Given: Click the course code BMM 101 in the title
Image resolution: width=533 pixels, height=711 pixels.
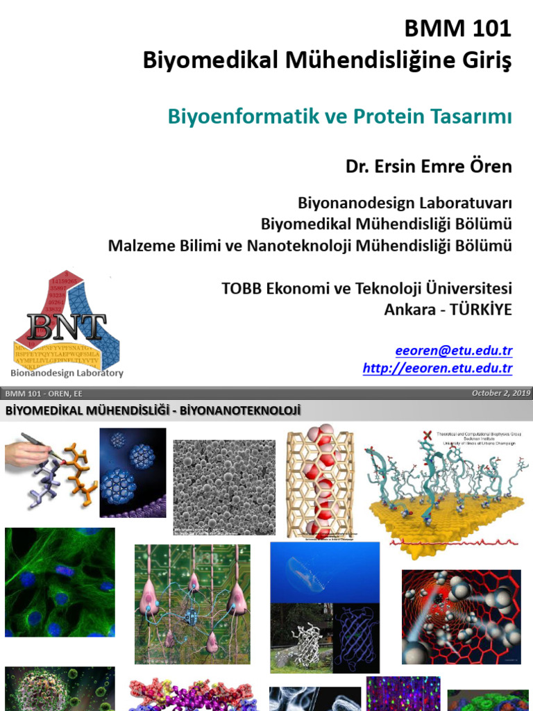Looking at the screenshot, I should point(458,29).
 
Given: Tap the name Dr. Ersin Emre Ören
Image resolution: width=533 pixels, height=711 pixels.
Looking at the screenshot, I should point(428,167).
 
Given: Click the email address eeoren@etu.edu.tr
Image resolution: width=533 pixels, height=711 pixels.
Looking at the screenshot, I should point(454,351).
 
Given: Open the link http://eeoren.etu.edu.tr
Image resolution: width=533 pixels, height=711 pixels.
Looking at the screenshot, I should point(437,369).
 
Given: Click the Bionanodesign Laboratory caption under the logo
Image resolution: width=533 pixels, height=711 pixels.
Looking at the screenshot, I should point(69,373).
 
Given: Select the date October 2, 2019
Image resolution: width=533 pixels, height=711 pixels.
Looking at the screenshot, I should point(500,394).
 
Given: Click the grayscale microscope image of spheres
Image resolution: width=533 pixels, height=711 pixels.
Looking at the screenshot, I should point(223,486).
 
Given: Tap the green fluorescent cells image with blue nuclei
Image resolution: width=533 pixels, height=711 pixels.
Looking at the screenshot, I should point(60,582).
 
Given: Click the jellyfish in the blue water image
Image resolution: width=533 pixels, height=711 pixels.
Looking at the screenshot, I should point(325,571).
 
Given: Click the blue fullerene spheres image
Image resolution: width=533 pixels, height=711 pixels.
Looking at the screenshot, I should point(133,472).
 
